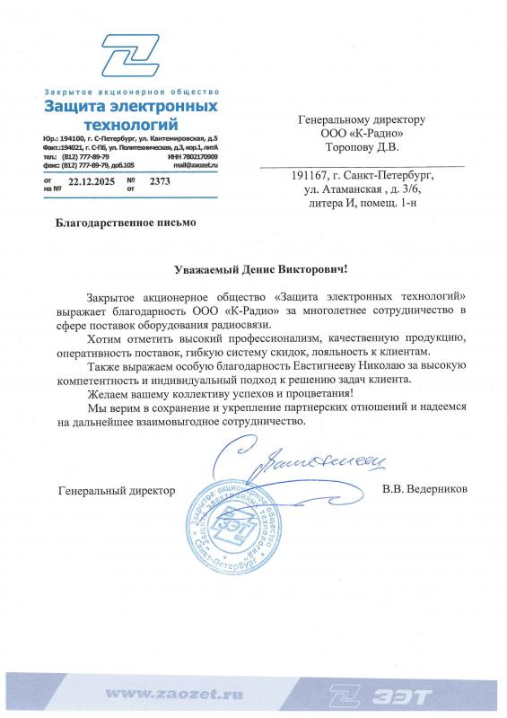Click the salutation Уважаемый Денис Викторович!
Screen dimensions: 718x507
coord(258,268)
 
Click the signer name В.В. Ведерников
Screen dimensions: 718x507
coord(424,490)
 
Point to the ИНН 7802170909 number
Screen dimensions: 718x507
coord(192,157)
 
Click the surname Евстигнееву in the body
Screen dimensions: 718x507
coord(297,366)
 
